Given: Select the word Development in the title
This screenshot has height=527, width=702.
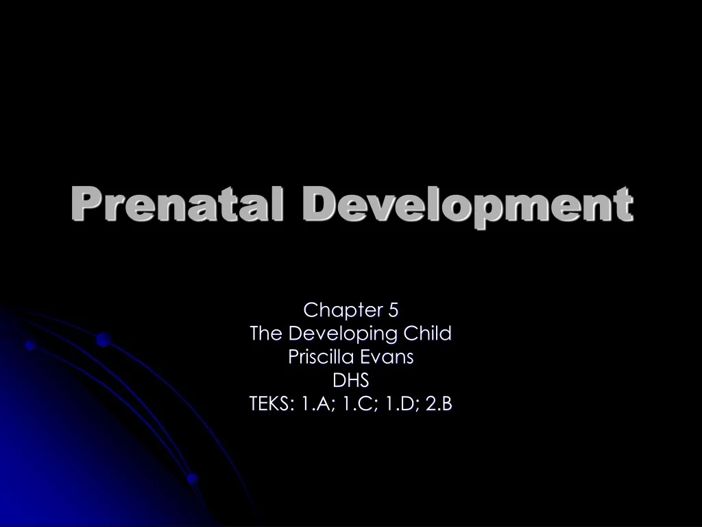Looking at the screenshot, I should [467, 204].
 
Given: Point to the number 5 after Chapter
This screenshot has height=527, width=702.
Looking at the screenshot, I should [393, 310].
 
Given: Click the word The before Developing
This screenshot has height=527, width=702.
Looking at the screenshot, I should [267, 334].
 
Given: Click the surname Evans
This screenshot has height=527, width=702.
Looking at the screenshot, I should [391, 358].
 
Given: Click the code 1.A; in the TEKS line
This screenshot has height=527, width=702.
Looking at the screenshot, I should [313, 404].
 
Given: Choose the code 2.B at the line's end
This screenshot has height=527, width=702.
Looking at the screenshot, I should [439, 404].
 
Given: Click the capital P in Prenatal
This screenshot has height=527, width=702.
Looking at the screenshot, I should [83, 204].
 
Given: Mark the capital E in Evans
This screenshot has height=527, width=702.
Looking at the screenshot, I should [372, 358].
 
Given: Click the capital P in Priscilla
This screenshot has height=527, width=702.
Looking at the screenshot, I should [293, 358].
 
